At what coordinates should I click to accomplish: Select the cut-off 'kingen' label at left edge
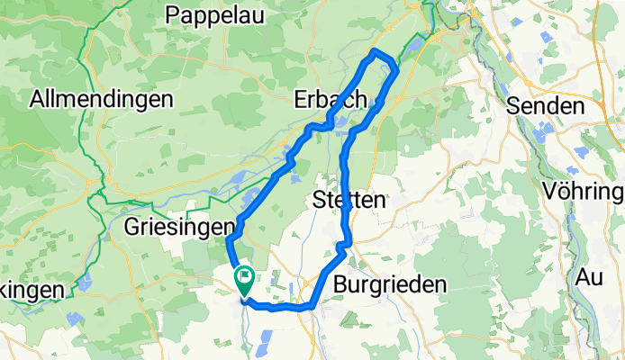click(x=32, y=290)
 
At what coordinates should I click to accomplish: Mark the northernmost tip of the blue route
click(x=376, y=51)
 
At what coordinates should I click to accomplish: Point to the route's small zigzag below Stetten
click(x=341, y=246)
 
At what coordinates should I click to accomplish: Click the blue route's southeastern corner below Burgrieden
click(x=311, y=307)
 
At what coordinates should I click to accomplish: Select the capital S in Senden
click(x=514, y=106)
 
